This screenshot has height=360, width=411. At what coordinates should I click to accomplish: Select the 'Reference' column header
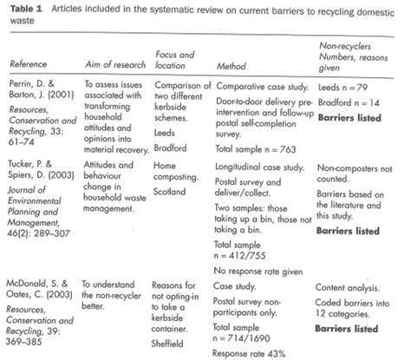(27, 64)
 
